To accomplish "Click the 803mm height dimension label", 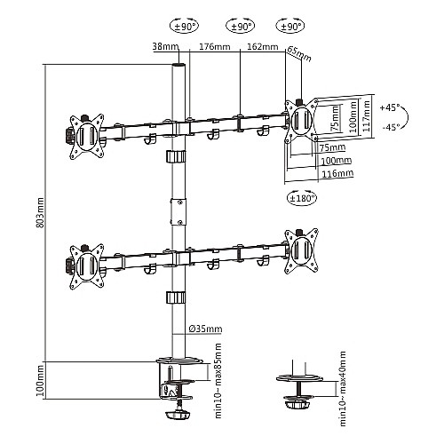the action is [x=40, y=213].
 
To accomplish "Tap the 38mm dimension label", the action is [x=165, y=46].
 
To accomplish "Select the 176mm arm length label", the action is [x=215, y=46].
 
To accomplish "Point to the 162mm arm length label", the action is [x=263, y=46].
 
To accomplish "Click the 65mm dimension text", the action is [x=299, y=53].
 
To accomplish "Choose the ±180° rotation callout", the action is [x=302, y=198].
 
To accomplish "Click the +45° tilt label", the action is [x=390, y=107].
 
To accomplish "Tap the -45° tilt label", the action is [x=391, y=127].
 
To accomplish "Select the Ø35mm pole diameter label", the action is [x=205, y=329].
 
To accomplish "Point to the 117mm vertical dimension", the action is [x=366, y=116].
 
